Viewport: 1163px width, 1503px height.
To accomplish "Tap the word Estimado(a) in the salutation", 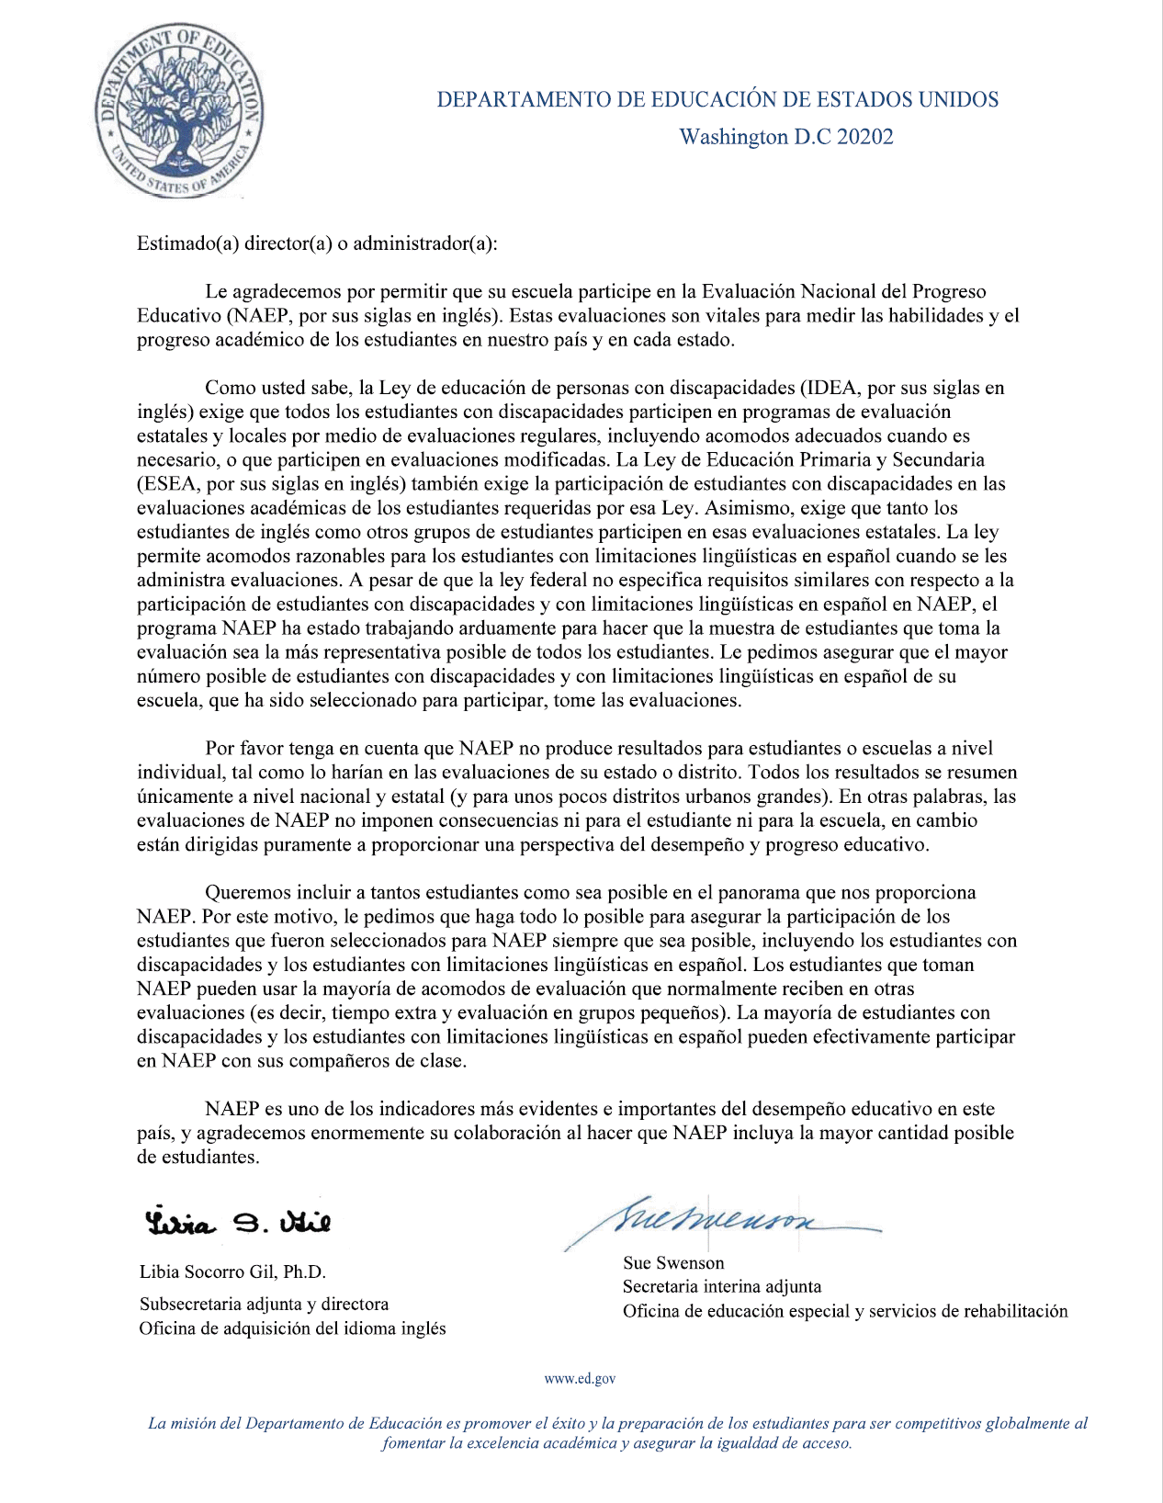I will point(187,243).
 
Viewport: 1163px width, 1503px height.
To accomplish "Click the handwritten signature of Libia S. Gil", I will point(237,1222).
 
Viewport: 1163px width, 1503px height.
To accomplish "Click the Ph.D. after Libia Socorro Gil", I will point(304,1272).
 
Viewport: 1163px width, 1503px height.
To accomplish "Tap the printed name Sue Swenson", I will point(673,1263).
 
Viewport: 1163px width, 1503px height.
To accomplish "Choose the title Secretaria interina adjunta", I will point(722,1287).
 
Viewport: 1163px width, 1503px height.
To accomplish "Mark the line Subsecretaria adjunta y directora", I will point(264,1305).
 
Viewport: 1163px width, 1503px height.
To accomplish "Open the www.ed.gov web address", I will point(580,1379).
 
